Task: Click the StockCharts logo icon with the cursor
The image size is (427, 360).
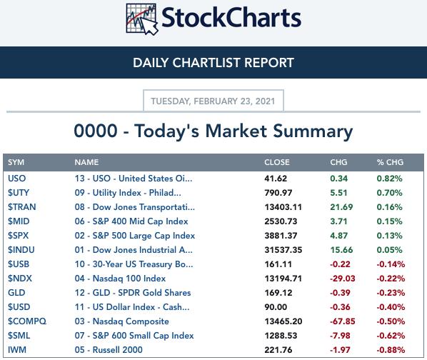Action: pos(142,19)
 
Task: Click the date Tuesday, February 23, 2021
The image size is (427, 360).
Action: pos(213,101)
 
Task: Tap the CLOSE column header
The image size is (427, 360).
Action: pos(276,162)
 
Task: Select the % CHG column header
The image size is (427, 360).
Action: pos(390,162)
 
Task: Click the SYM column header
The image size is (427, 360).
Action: pos(16,162)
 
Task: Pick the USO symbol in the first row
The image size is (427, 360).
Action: pos(17,179)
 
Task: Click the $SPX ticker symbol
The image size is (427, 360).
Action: pos(19,236)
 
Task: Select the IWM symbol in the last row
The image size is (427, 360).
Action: pos(17,350)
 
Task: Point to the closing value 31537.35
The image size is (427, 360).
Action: pos(283,250)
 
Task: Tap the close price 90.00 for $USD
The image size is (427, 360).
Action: pos(276,307)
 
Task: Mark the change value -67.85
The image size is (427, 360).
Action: pos(342,321)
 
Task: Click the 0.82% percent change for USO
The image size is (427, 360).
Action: pos(389,179)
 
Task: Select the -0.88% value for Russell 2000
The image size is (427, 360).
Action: pos(391,350)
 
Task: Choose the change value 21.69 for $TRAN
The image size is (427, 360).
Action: pos(341,207)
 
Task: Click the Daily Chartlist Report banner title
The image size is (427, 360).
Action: pos(213,63)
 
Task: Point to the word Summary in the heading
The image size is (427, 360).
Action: pos(313,131)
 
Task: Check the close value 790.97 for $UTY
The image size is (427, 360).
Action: pos(278,193)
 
